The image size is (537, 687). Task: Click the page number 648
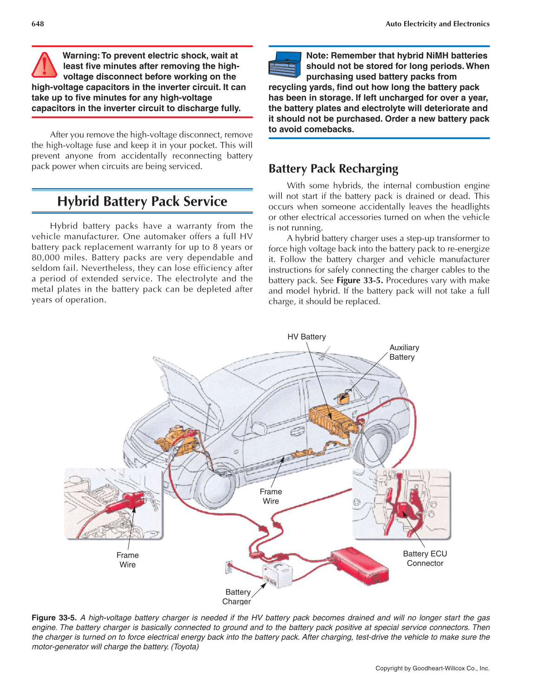click(x=38, y=24)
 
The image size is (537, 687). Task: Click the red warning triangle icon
click(x=44, y=65)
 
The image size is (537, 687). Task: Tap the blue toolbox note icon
click(x=284, y=65)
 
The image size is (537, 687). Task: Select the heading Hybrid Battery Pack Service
click(x=142, y=201)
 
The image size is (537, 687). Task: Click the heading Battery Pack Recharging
click(x=333, y=168)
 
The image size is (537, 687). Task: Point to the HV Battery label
click(x=306, y=337)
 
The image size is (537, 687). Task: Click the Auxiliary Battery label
click(x=404, y=352)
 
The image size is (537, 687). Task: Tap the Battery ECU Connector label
click(x=425, y=558)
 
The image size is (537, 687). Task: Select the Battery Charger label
click(x=237, y=596)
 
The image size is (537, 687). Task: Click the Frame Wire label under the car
click(x=271, y=496)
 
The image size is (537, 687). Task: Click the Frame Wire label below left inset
click(x=127, y=560)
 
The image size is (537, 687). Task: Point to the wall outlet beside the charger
click(x=229, y=567)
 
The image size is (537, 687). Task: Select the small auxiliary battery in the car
click(x=343, y=398)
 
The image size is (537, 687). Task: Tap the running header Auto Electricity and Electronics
click(x=437, y=24)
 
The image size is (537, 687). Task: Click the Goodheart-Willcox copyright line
click(x=432, y=668)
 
